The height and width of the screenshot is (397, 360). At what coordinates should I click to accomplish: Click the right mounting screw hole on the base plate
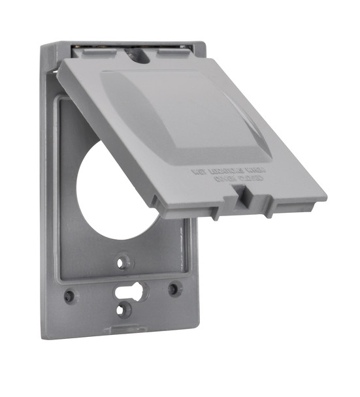[x=174, y=288]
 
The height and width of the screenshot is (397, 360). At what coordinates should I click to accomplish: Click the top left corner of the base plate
[x=42, y=47]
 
